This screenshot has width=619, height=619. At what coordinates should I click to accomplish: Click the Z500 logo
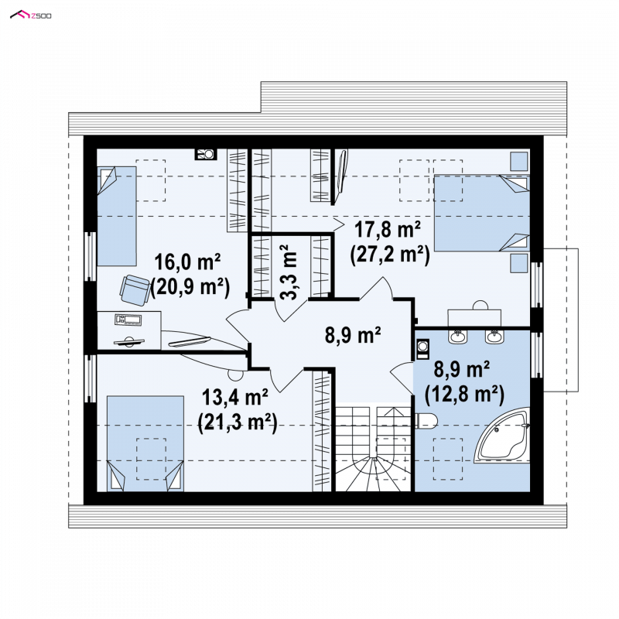pyautogui.click(x=30, y=15)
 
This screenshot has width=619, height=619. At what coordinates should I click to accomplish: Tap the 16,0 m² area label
pyautogui.click(x=187, y=262)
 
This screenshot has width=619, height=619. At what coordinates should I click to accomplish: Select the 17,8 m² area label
pyautogui.click(x=388, y=229)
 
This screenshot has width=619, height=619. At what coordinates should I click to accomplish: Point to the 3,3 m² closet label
pyautogui.click(x=289, y=272)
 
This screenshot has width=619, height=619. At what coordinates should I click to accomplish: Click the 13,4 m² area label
pyautogui.click(x=235, y=397)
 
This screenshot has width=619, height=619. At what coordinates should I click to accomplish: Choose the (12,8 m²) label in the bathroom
pyautogui.click(x=464, y=395)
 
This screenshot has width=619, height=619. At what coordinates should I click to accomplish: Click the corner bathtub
pyautogui.click(x=502, y=436)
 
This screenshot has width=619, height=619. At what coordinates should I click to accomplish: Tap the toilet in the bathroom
pyautogui.click(x=426, y=421)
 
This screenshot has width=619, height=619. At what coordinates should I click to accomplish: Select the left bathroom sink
pyautogui.click(x=458, y=337)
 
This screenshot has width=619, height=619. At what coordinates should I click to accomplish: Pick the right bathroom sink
pyautogui.click(x=494, y=337)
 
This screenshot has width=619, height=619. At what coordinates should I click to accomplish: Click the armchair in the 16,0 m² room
pyautogui.click(x=135, y=290)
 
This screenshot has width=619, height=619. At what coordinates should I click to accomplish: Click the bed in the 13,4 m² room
pyautogui.click(x=145, y=443)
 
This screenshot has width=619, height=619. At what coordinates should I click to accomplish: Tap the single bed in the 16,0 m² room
pyautogui.click(x=117, y=216)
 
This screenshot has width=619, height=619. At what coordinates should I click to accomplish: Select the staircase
pyautogui.click(x=373, y=447)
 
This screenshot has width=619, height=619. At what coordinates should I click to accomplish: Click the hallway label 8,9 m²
pyautogui.click(x=353, y=335)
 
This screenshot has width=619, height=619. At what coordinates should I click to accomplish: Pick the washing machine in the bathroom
pyautogui.click(x=422, y=349)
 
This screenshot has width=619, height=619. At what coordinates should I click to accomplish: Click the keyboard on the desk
pyautogui.click(x=128, y=320)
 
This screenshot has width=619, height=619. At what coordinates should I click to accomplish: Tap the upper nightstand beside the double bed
pyautogui.click(x=519, y=162)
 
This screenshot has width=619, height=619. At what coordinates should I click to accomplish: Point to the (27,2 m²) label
pyautogui.click(x=390, y=255)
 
